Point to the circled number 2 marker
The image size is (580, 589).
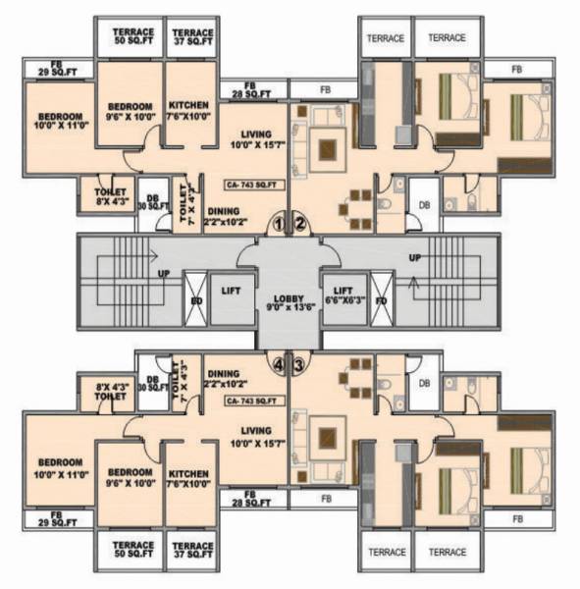[x=301, y=225]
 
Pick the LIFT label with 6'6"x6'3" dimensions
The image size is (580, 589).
[x=343, y=296]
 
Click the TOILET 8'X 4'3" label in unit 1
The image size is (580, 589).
[x=109, y=197]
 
